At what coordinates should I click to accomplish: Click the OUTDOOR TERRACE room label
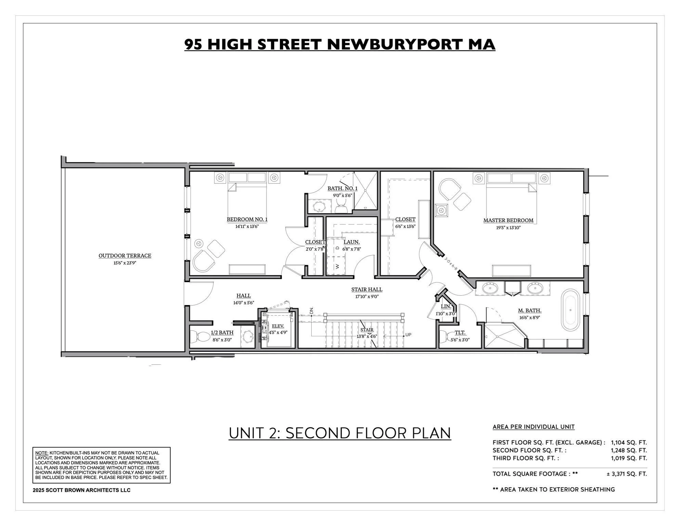click(125, 255)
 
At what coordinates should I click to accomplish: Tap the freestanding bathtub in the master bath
click(570, 308)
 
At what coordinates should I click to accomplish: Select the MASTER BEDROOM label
click(508, 221)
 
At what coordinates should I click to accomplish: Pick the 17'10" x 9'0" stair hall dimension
click(367, 297)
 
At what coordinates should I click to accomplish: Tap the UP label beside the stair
click(408, 335)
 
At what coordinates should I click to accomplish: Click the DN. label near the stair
click(312, 311)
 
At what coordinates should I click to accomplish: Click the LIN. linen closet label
click(446, 306)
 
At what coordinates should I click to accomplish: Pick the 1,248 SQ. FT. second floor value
click(629, 450)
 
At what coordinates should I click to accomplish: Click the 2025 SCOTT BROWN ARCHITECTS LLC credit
click(81, 490)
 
